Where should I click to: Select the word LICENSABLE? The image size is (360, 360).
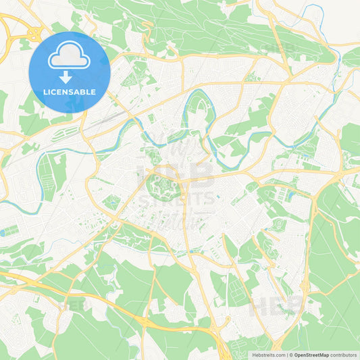(70, 91)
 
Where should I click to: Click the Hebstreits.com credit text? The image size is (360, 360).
(269, 354)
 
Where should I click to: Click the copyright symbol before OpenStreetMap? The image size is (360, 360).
(290, 354)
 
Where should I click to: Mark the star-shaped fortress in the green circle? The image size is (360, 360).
(161, 183)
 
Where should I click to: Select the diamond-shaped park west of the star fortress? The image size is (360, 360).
(111, 202)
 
